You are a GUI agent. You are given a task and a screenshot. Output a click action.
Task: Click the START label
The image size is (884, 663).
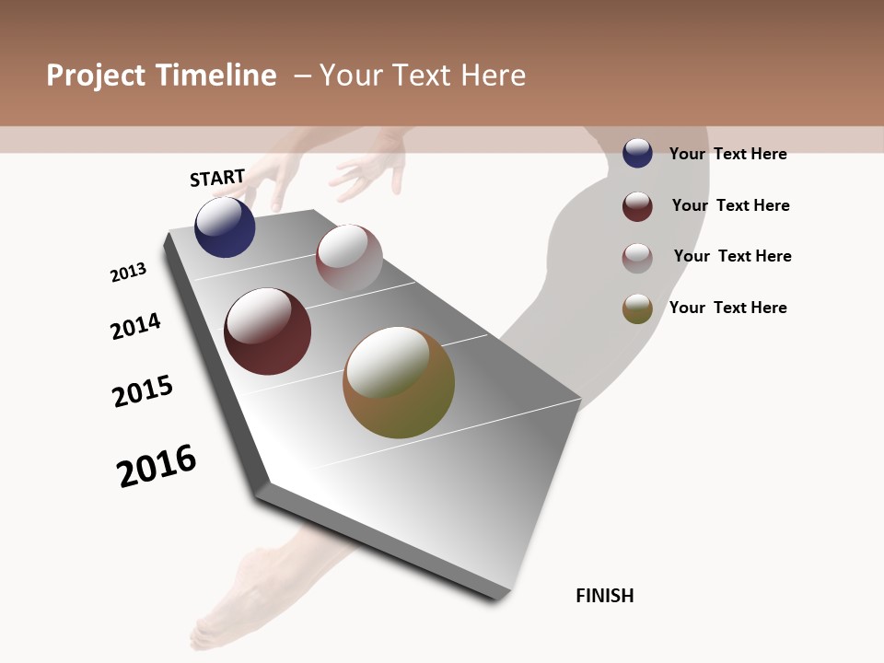click(x=217, y=178)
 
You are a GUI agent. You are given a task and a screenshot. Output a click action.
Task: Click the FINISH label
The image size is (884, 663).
click(x=604, y=596)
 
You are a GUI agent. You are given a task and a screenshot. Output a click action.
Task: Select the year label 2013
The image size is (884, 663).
click(x=128, y=273)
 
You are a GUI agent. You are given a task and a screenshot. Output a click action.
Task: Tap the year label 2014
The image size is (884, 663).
click(x=135, y=326)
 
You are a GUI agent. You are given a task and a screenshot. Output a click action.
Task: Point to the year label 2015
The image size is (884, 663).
click(x=143, y=391)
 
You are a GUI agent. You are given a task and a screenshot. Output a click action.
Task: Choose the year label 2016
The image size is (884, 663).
click(x=157, y=466)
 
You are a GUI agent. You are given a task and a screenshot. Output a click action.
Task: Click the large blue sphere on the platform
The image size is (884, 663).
click(x=225, y=227)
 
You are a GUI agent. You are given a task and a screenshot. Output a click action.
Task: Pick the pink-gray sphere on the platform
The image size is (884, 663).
click(x=349, y=258)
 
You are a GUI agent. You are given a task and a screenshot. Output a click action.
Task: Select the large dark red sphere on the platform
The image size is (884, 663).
click(x=267, y=331)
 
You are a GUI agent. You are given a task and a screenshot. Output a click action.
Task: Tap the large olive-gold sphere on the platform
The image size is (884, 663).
click(x=399, y=382)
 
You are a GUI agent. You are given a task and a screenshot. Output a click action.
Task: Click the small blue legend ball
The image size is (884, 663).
click(x=637, y=153)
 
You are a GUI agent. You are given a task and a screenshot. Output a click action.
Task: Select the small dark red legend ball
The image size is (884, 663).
click(x=637, y=206)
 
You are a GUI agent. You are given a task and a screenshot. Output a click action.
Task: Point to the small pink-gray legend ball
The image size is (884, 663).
click(x=637, y=258)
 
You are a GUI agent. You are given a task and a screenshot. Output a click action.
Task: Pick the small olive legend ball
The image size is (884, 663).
click(x=637, y=308)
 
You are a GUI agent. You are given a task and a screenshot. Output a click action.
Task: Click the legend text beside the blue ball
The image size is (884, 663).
click(x=727, y=154)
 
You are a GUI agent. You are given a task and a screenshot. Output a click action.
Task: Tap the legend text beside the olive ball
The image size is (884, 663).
click(x=727, y=308)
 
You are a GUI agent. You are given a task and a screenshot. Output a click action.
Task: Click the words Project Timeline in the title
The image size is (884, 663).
click(x=161, y=76)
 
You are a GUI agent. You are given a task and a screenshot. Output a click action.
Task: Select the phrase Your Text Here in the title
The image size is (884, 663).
click(x=423, y=76)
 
